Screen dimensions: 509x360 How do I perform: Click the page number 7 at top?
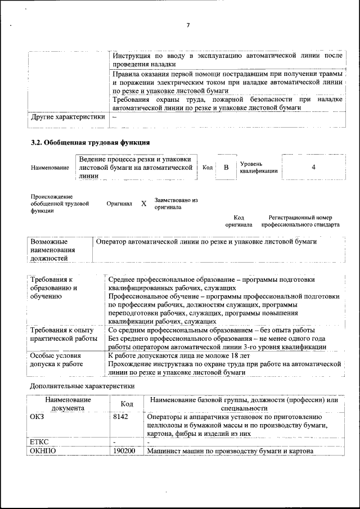188,25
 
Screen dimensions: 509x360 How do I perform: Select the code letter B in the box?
226,168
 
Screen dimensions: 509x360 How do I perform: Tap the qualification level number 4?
313,167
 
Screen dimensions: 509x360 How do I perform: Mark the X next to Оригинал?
143,204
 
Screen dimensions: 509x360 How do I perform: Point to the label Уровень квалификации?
258,167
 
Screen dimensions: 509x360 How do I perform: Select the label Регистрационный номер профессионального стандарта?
304,221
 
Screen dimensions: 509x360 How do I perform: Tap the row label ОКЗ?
36,417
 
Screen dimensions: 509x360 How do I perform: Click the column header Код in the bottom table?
127,404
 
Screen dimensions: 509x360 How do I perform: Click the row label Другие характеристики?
68,117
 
